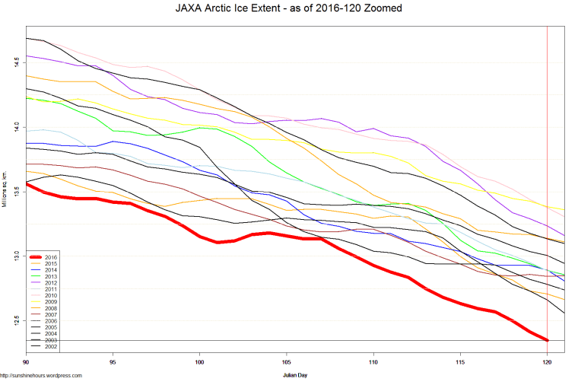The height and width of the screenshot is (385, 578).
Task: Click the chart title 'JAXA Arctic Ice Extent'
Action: click(288, 8)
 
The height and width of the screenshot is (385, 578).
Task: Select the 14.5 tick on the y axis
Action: click(16, 62)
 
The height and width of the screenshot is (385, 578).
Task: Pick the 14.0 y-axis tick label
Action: click(16, 127)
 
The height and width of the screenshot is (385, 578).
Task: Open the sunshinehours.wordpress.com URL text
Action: click(41, 375)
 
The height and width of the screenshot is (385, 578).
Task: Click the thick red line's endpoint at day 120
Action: click(547, 339)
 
